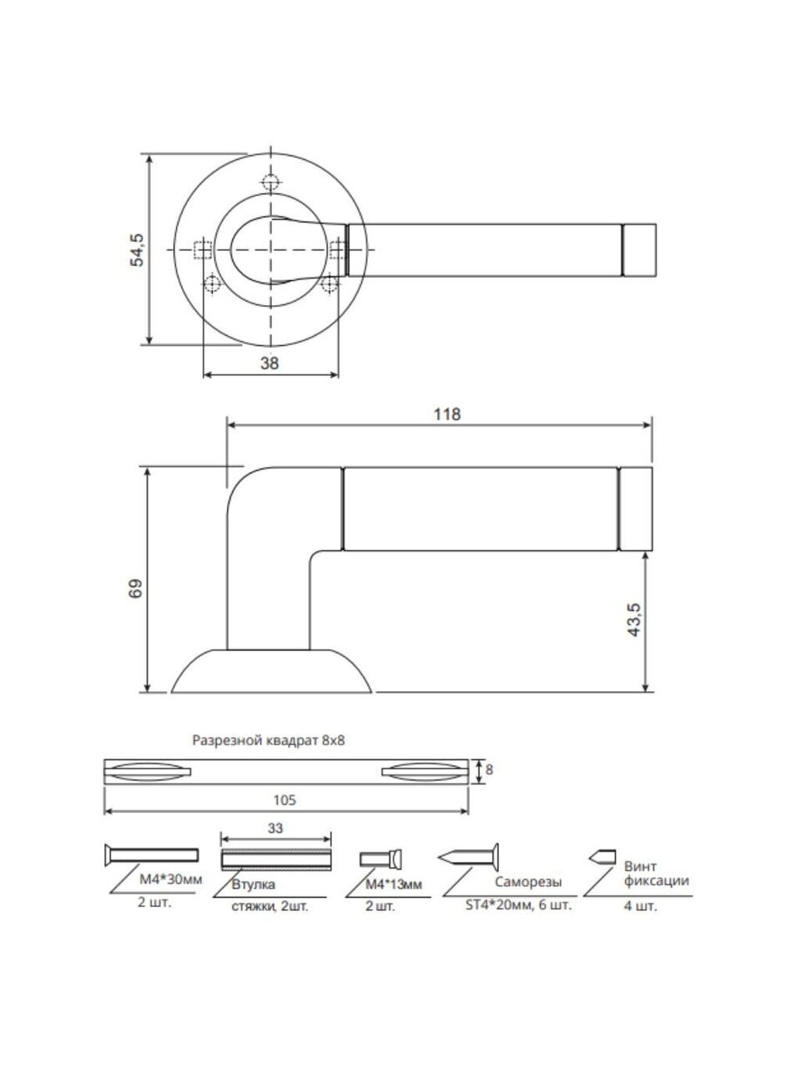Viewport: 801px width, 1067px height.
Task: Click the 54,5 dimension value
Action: (x=139, y=250)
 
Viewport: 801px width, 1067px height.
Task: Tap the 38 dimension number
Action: (x=270, y=363)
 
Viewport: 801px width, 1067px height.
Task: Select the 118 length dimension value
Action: (x=447, y=414)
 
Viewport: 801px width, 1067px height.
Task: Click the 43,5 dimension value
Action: (x=636, y=620)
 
